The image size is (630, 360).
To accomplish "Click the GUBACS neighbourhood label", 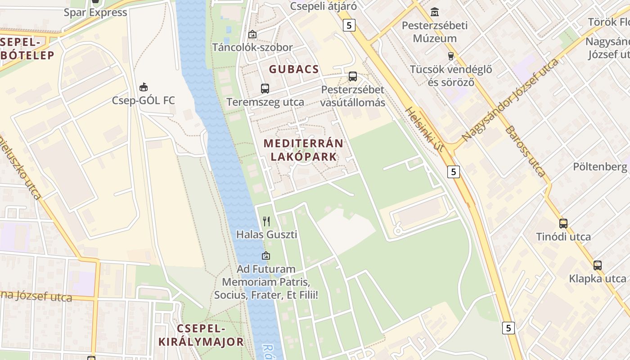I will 294,69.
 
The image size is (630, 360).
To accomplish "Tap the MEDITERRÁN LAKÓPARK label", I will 303,150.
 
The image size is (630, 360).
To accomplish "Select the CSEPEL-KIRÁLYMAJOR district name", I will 201,335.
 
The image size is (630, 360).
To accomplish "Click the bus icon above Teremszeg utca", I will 265,89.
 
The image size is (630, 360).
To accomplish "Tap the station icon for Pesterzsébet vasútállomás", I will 353,76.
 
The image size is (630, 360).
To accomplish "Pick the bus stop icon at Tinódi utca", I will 563,223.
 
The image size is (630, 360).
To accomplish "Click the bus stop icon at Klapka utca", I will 597,265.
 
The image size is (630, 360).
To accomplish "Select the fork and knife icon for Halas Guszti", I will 266,221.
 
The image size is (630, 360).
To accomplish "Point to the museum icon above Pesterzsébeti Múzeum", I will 435,12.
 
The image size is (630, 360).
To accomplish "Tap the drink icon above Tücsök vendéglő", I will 450,56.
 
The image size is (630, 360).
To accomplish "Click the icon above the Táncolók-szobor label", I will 252,34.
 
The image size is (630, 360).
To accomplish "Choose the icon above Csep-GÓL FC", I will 144,87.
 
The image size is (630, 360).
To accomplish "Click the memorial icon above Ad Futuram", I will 266,256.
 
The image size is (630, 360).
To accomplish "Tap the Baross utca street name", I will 525,151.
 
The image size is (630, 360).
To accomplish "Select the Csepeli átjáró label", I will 323,6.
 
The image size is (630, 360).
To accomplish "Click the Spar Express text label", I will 95,12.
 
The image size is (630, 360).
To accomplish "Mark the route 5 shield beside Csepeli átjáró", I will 349,26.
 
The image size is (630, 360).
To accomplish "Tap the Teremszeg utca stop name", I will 265,102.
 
